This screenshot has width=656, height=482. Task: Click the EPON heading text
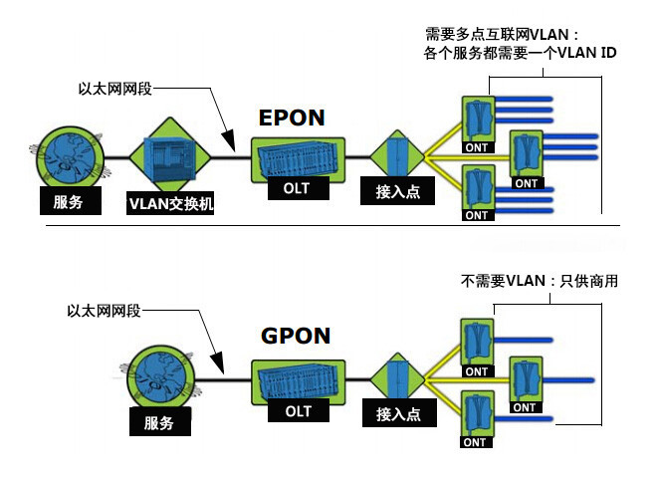(292, 118)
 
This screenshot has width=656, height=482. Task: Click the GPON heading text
(296, 336)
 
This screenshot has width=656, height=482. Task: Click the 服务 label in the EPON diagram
(67, 202)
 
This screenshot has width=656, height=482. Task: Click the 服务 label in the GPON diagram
(158, 423)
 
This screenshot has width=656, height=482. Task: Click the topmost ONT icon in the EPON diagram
(478, 118)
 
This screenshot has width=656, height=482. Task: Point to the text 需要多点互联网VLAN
(501, 35)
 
